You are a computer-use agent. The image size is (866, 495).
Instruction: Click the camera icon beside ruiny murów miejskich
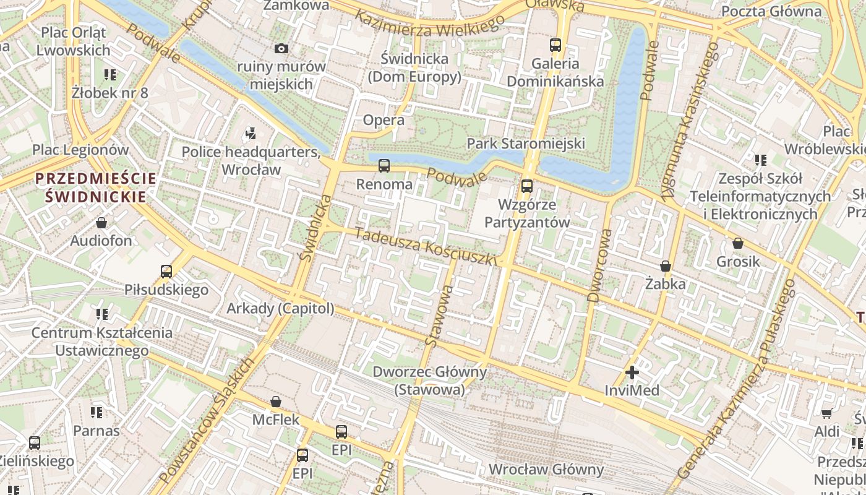click(281, 48)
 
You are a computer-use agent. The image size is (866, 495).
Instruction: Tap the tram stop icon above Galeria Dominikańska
click(555, 45)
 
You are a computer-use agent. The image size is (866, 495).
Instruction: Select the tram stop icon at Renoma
click(384, 166)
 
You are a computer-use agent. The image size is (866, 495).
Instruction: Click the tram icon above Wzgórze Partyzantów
click(527, 186)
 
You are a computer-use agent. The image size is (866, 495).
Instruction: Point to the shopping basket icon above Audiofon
click(101, 222)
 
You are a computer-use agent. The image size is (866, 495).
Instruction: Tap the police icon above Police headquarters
click(251, 132)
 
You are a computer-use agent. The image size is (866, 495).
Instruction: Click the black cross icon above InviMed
click(632, 372)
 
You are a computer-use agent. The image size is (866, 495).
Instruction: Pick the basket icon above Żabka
click(666, 266)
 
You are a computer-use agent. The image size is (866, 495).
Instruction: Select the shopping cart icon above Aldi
click(827, 413)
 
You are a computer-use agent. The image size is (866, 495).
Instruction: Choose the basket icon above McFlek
click(276, 402)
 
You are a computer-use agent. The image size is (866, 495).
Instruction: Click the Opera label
click(384, 120)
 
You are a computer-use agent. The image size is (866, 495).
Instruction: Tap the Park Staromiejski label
click(525, 144)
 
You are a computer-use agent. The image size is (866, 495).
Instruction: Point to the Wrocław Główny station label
click(546, 470)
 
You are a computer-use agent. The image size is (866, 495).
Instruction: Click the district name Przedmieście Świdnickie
click(96, 187)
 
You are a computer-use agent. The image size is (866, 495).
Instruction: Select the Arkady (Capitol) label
click(280, 308)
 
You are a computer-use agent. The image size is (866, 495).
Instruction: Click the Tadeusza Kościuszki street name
click(426, 246)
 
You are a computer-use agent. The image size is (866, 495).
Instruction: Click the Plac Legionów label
click(80, 150)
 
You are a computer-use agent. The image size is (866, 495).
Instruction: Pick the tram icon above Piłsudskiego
click(166, 271)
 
